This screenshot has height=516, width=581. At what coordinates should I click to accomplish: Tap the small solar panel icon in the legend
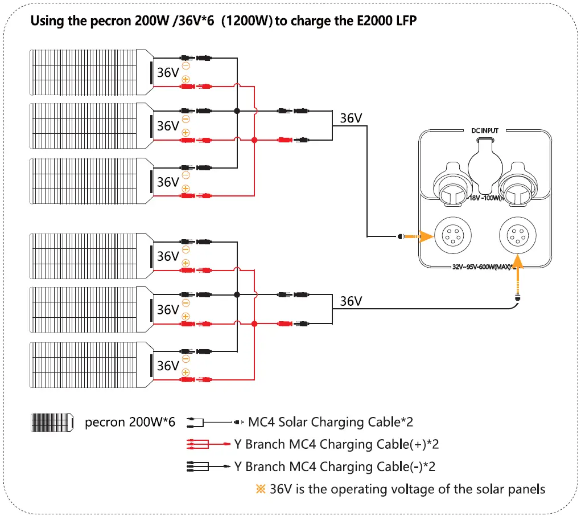[x=52, y=423]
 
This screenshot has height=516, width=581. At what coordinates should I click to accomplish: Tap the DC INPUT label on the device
[x=485, y=131]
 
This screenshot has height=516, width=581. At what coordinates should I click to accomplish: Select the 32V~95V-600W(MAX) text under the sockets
[x=481, y=265]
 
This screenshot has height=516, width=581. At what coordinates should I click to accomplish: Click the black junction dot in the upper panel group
[x=237, y=111]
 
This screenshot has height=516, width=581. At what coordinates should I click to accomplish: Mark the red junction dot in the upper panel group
[x=254, y=140]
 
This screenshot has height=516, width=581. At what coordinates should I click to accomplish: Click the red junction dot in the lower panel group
[x=254, y=323]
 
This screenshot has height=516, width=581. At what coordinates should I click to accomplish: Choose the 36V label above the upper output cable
[x=351, y=118]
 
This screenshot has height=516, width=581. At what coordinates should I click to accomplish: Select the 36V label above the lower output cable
[x=351, y=301]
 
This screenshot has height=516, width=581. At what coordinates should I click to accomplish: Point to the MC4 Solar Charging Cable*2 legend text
[x=330, y=423]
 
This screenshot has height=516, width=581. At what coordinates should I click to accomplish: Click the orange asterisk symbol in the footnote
[x=261, y=489]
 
